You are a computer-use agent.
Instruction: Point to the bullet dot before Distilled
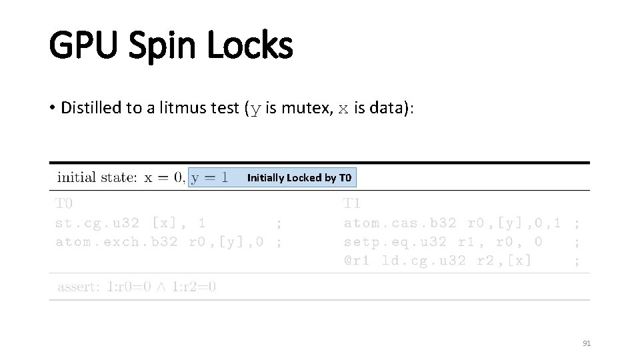(52, 109)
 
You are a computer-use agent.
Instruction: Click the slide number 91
(587, 343)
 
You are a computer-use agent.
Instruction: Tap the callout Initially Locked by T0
(299, 177)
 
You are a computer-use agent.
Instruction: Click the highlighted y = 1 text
(209, 177)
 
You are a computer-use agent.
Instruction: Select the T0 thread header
(64, 203)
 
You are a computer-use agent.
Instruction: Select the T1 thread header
(351, 203)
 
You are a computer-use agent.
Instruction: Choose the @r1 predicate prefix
(357, 261)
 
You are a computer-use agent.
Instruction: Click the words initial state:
(97, 177)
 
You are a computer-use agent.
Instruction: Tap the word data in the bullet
(383, 108)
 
